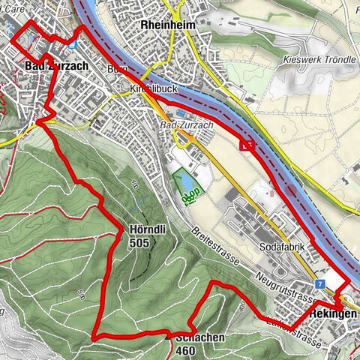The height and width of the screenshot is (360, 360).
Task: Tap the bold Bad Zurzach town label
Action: (x=57, y=66)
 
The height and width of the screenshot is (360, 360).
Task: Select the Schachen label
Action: (x=199, y=337)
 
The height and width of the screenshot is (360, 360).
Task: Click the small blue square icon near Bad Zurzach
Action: (x=71, y=43)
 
